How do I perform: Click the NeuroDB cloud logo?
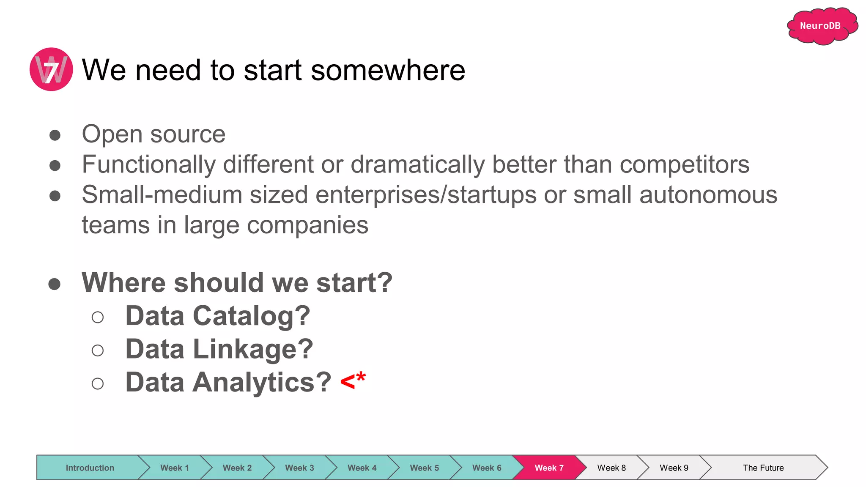(821, 26)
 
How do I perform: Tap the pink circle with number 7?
(51, 69)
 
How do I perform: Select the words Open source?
(153, 134)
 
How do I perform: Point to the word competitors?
(685, 164)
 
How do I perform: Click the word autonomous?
(708, 195)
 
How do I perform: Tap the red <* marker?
(353, 380)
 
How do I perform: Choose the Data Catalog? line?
(217, 316)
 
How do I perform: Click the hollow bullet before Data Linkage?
(98, 350)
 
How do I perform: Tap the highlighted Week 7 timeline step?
(549, 468)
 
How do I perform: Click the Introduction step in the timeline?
(90, 468)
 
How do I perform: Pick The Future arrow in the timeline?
(763, 468)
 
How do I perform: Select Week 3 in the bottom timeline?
(299, 468)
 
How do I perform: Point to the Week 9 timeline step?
(674, 468)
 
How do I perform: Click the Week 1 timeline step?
(174, 468)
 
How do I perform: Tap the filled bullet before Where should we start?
(55, 284)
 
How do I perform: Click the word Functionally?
(148, 164)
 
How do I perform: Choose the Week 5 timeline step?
(424, 468)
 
